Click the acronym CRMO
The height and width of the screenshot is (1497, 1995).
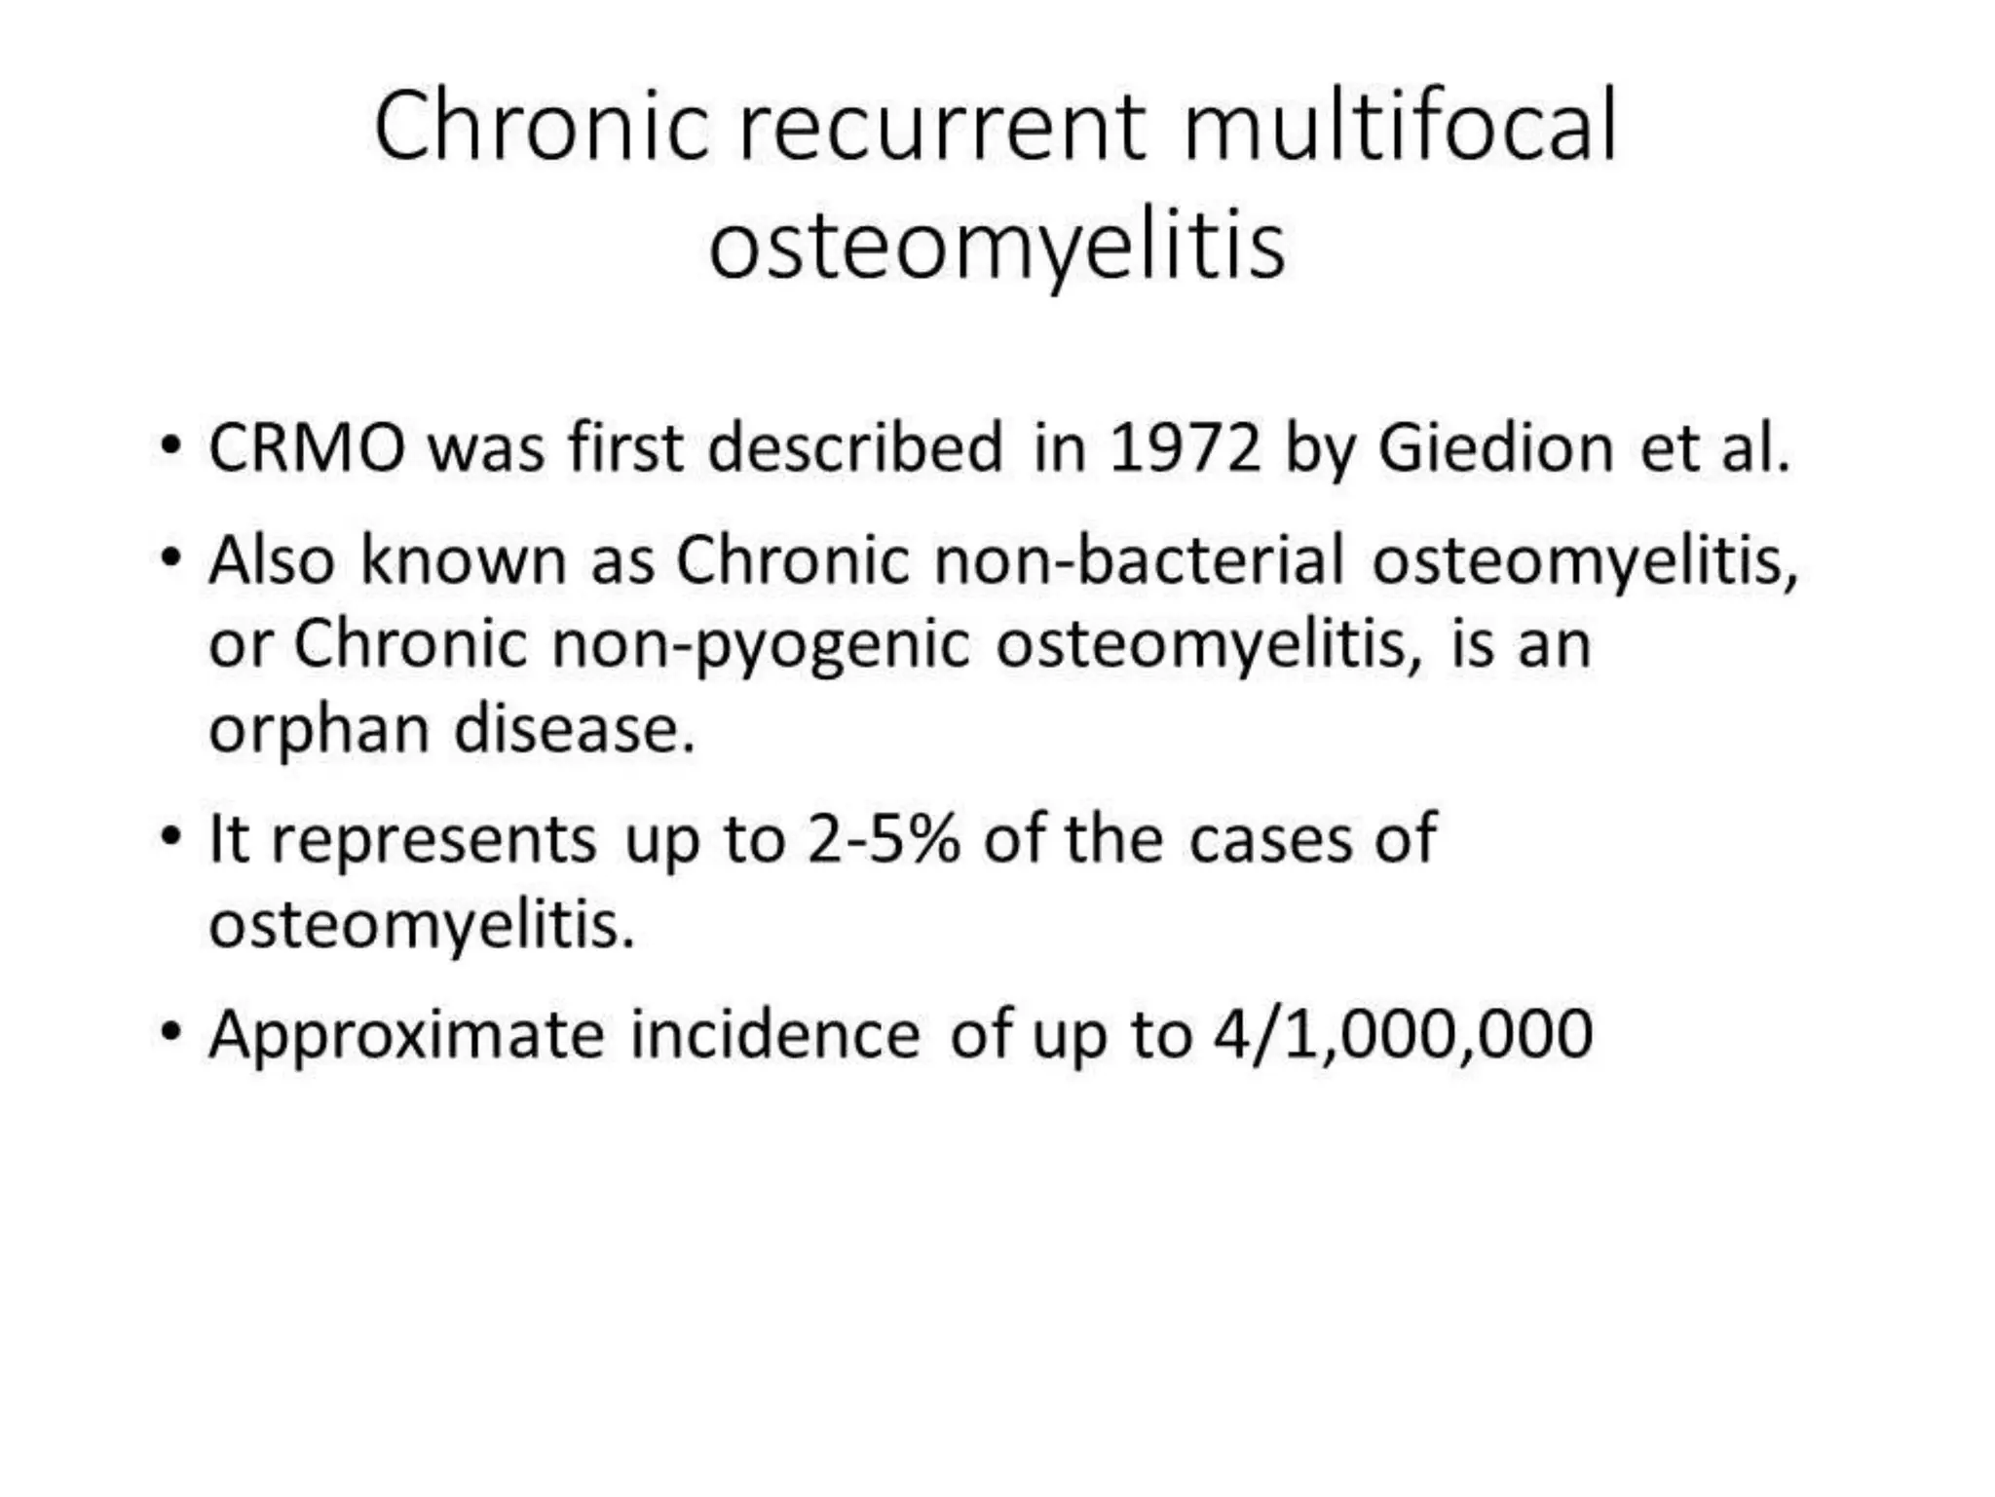[x=307, y=448]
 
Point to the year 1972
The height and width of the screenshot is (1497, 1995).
[x=1185, y=448]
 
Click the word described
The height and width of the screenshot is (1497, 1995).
[x=854, y=448]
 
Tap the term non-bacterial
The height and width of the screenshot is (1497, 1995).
[x=1140, y=560]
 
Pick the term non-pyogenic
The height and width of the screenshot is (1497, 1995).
[x=761, y=645]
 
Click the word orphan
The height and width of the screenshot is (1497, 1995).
[x=319, y=729]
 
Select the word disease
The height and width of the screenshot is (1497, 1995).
[x=575, y=729]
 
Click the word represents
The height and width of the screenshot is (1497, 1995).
[x=433, y=839]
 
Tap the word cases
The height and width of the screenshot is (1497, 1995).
[x=1270, y=839]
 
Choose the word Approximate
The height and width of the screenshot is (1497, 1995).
[x=406, y=1034]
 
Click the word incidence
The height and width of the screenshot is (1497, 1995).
[x=774, y=1034]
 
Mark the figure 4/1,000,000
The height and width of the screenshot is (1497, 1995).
[x=1403, y=1034]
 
